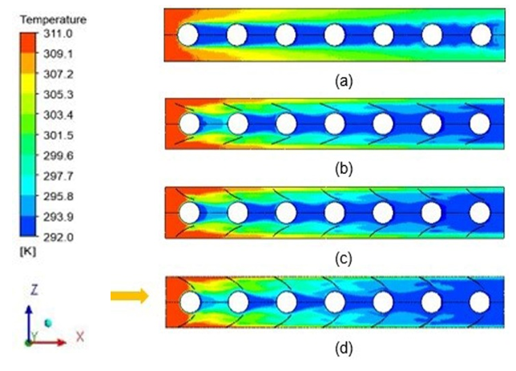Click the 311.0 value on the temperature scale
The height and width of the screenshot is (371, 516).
[58, 34]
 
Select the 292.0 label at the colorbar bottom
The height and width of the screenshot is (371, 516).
[58, 237]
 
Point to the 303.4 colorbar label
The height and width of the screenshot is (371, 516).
[58, 115]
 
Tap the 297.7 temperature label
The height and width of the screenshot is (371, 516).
[58, 176]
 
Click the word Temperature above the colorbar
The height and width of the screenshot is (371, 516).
[53, 20]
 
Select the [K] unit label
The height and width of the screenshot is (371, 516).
[28, 252]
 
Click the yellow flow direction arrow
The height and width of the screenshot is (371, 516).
[129, 296]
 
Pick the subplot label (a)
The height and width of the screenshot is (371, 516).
[343, 81]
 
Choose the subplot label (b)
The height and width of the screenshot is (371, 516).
[343, 169]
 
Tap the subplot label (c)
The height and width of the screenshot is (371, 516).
[343, 259]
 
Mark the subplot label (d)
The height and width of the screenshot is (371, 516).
[343, 349]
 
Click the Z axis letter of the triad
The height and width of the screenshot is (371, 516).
[34, 290]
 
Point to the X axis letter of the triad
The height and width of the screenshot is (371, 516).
[80, 337]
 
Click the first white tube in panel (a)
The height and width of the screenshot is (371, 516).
[188, 34]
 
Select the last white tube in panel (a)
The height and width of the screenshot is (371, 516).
[481, 34]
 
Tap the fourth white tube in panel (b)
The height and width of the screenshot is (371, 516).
[335, 123]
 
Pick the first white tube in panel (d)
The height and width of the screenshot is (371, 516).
[190, 302]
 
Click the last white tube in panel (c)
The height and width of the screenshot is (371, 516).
[480, 212]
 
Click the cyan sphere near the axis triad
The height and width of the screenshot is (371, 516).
[49, 323]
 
